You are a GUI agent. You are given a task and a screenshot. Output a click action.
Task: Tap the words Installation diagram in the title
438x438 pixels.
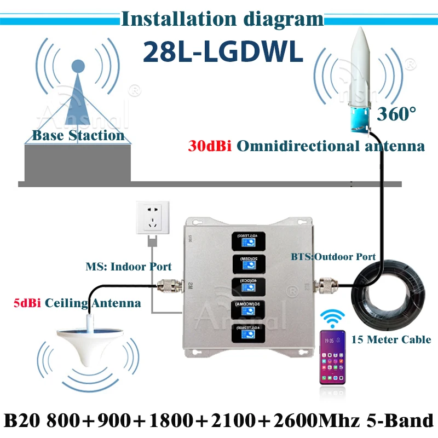pos(222,19)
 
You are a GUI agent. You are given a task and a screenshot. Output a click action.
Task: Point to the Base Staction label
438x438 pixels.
pos(78,135)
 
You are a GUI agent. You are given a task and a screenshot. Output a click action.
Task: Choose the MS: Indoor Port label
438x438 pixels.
pos(129,267)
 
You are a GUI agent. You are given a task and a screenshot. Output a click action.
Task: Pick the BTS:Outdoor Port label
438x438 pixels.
pos(335,256)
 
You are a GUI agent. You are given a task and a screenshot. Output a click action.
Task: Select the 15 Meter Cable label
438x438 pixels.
pos(391,339)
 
